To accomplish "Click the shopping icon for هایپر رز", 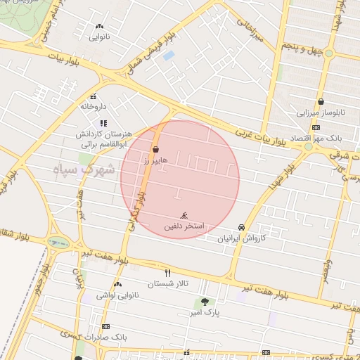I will (x=155, y=149).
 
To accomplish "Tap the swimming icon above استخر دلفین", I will (x=184, y=215).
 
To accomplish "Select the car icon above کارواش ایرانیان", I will (x=242, y=227).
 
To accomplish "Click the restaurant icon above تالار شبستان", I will (x=167, y=272).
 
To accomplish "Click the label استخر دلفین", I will (x=184, y=226).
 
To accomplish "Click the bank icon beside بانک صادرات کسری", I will (x=106, y=326).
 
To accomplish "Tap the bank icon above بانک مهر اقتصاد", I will (x=316, y=127).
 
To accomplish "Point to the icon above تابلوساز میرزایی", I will (x=321, y=101).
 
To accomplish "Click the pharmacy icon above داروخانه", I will (x=93, y=97).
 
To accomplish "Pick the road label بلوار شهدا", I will (x=276, y=176).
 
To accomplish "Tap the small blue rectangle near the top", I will (x=168, y=55).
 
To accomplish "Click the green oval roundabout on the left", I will (x=57, y=243).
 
